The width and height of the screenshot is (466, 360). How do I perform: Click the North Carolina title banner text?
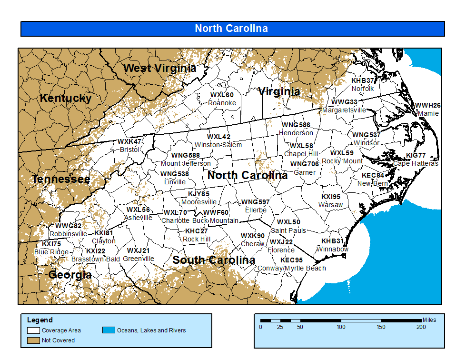(231, 29)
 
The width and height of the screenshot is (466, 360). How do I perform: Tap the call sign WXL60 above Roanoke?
(222, 95)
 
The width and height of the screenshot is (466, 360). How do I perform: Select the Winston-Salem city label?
(218, 145)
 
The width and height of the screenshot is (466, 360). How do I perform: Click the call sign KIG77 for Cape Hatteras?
(416, 156)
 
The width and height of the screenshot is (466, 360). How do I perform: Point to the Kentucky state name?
(66, 98)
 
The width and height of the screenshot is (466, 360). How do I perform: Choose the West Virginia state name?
(159, 68)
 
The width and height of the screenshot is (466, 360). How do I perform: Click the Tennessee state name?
(61, 179)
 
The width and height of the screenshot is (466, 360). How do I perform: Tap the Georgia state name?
(70, 275)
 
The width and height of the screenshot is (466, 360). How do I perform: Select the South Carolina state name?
(214, 260)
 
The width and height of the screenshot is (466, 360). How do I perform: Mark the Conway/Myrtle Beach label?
(292, 268)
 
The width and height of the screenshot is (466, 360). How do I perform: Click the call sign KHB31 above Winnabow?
(332, 241)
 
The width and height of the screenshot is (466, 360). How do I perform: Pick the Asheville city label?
(138, 218)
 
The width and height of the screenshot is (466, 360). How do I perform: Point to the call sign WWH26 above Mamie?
(428, 106)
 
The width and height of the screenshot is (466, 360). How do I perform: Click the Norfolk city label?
(363, 89)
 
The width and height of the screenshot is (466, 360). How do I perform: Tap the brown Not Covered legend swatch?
(33, 340)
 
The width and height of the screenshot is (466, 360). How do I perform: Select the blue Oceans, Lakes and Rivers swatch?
(109, 330)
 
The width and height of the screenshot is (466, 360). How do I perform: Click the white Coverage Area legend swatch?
(33, 330)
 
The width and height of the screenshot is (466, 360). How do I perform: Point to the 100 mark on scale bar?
(341, 327)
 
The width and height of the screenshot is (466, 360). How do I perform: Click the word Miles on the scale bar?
(429, 320)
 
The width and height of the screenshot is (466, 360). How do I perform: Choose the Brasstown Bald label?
(96, 259)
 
